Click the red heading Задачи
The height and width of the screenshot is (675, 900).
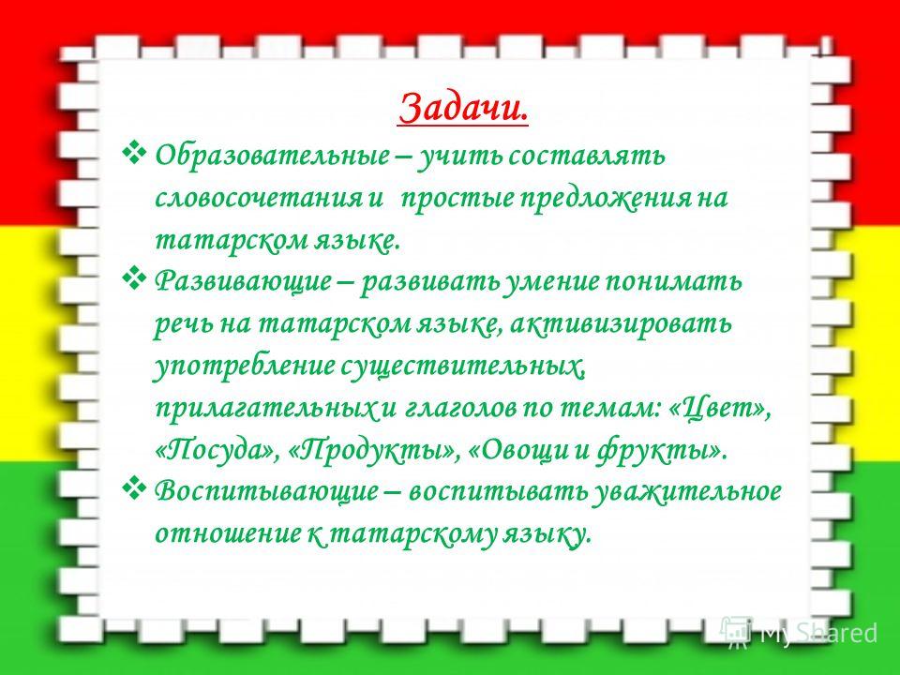click(x=463, y=107)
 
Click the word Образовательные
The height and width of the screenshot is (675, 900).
click(x=272, y=156)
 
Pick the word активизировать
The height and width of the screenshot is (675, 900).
click(x=621, y=324)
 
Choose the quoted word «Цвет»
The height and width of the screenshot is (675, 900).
click(x=720, y=409)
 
